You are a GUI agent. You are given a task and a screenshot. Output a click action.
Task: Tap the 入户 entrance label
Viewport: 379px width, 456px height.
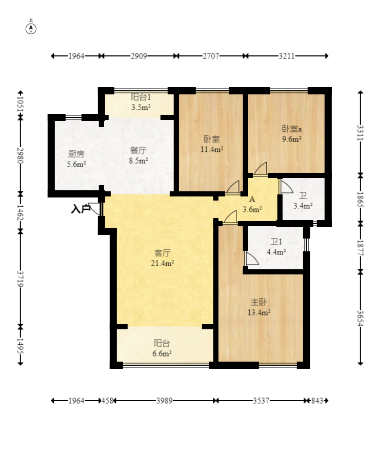(x=81, y=209)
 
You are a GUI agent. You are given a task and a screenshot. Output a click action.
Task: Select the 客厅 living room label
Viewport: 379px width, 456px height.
(x=162, y=253)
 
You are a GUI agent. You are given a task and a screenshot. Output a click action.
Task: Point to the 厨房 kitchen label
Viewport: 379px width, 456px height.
(x=76, y=154)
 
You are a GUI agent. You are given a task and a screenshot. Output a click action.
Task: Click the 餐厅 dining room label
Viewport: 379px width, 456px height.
(x=138, y=150)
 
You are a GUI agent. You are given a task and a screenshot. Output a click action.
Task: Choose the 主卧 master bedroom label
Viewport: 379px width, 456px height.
(x=258, y=302)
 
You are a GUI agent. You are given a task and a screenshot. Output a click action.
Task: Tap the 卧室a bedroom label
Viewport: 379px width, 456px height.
(x=292, y=128)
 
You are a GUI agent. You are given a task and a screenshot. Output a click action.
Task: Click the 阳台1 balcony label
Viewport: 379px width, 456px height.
(x=141, y=97)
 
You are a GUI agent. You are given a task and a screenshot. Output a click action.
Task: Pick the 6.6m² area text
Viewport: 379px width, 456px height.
(x=162, y=353)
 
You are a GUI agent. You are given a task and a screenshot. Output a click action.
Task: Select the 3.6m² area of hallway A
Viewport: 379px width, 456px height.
(x=252, y=209)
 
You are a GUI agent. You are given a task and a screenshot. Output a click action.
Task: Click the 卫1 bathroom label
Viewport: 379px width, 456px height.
(x=276, y=242)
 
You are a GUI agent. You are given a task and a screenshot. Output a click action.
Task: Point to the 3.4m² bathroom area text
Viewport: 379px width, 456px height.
(x=303, y=206)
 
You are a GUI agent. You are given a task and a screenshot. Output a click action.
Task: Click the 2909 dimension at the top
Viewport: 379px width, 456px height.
(x=138, y=56)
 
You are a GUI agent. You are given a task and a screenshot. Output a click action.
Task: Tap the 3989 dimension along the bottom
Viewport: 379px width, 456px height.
(x=164, y=401)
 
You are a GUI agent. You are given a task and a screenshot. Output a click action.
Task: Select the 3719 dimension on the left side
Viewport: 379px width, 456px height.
(x=20, y=279)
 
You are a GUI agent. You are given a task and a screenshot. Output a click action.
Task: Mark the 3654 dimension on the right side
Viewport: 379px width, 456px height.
(x=361, y=319)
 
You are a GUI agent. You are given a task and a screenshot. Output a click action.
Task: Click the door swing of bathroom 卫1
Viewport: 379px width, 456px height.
(x=252, y=258)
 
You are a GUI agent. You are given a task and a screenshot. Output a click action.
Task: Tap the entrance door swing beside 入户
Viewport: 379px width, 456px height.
(x=95, y=209)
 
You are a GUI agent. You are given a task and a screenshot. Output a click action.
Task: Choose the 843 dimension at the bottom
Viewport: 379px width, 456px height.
(x=317, y=401)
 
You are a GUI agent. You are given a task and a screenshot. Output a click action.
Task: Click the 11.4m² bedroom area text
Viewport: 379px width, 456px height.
(x=212, y=149)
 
